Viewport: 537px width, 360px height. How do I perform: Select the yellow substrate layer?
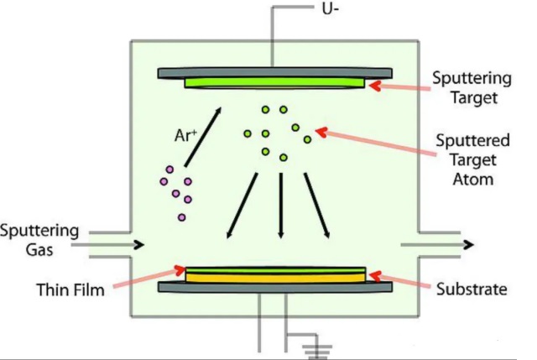coord(275,275)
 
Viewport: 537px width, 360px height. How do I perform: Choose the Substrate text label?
coord(472,290)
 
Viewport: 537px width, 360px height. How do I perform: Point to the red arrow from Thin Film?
coord(148,280)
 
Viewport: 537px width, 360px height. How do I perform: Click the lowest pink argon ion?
coord(182,217)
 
